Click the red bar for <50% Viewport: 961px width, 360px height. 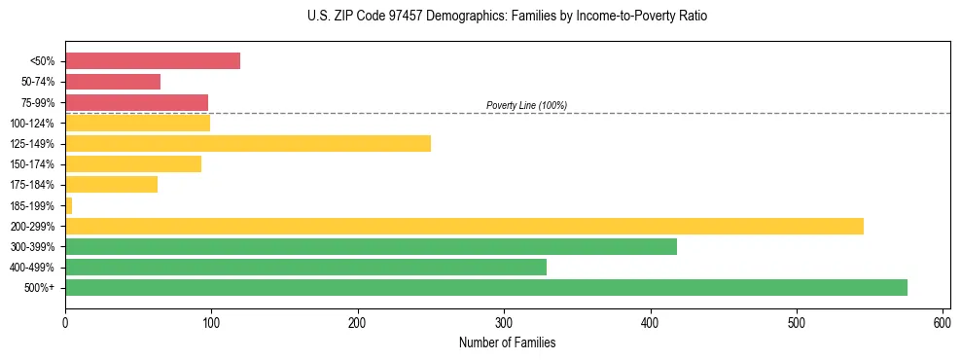click(153, 61)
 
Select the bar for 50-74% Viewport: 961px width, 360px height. click(113, 82)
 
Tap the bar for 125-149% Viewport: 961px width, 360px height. click(248, 144)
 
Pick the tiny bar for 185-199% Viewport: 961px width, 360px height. click(69, 205)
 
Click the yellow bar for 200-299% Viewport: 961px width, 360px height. click(464, 226)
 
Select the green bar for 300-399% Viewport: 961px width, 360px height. click(371, 246)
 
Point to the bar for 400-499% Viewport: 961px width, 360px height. click(305, 267)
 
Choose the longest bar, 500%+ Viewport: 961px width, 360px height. click(486, 287)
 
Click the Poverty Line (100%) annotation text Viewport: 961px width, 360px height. click(526, 105)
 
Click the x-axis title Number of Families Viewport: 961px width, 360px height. click(507, 342)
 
